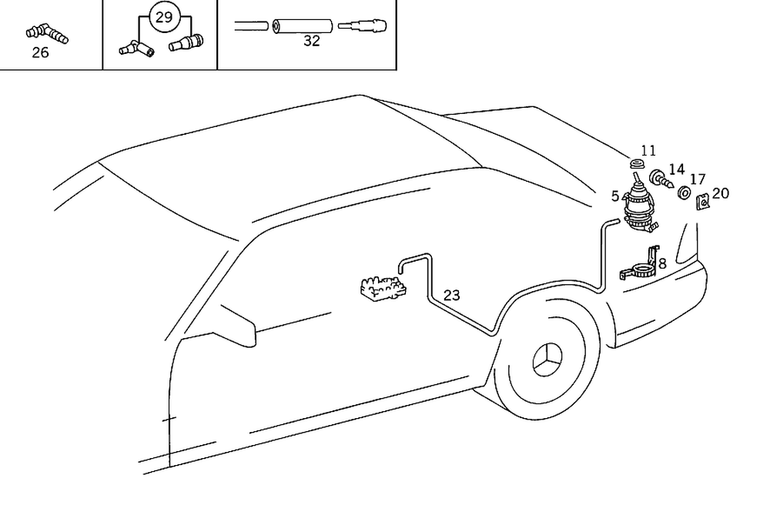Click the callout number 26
[40, 53]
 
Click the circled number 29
[163, 18]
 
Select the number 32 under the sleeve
[311, 42]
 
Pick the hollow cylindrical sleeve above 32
[302, 26]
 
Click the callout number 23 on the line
[452, 295]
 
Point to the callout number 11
[648, 151]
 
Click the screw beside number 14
[661, 180]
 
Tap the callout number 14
[676, 169]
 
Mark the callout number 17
[697, 179]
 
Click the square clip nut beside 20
[702, 203]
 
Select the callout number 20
[720, 193]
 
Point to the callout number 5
[615, 196]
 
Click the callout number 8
[662, 263]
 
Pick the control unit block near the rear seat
[383, 288]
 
